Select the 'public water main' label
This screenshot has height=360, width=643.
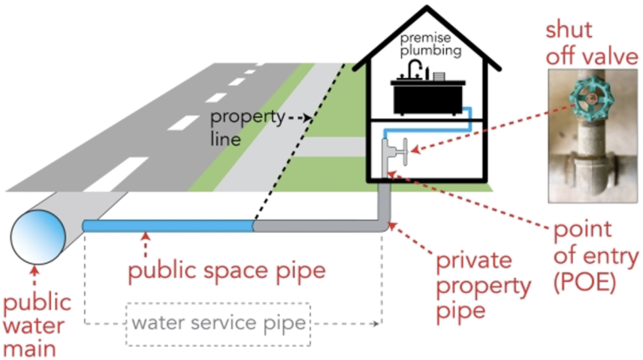[x=36, y=322]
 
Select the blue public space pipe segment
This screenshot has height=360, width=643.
[x=167, y=225]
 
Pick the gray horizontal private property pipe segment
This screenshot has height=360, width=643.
[x=318, y=225]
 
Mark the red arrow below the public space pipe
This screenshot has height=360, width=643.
[x=147, y=244]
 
